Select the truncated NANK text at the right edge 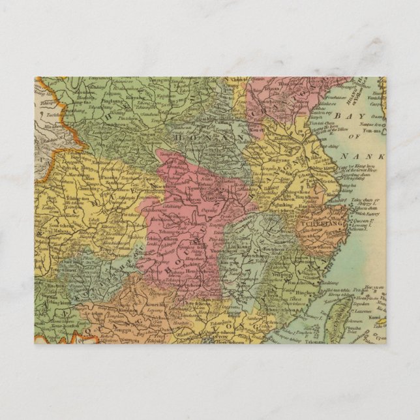tap(366, 157)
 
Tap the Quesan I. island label tap(357, 228)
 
